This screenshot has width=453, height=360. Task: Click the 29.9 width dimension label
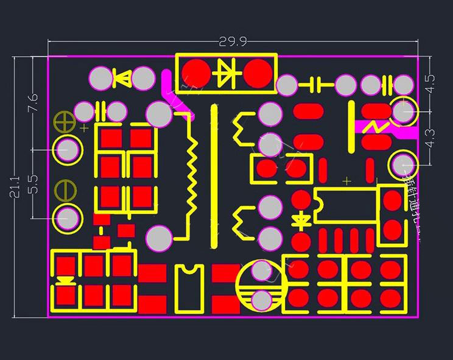click(x=233, y=41)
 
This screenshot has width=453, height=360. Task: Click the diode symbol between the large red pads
click(x=227, y=72)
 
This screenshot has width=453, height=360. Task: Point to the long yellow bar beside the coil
click(x=214, y=177)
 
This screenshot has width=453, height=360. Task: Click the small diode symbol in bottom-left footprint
click(x=65, y=281)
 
